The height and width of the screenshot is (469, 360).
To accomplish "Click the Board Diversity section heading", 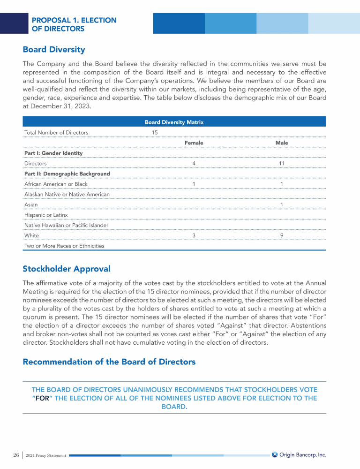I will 54,49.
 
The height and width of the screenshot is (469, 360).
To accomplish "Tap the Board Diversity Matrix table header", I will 174,122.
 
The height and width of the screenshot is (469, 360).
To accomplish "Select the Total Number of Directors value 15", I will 155,133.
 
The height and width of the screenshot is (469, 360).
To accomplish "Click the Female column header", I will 194,143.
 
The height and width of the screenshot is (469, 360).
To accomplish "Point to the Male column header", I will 282,143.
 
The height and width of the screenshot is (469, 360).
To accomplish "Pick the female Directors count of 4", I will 194,164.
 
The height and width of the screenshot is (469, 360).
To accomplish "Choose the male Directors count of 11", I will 282,164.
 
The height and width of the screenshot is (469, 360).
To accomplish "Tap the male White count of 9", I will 281,235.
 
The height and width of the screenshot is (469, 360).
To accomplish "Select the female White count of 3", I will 194,235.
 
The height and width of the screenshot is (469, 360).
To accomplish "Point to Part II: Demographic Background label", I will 67,174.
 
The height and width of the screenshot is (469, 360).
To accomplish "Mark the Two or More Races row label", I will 64,246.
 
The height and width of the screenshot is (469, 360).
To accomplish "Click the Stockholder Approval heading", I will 67,269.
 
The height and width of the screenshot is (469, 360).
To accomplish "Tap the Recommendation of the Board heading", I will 109,362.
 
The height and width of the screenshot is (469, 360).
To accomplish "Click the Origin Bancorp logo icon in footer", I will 275,454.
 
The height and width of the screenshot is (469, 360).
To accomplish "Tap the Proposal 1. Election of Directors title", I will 74,24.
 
